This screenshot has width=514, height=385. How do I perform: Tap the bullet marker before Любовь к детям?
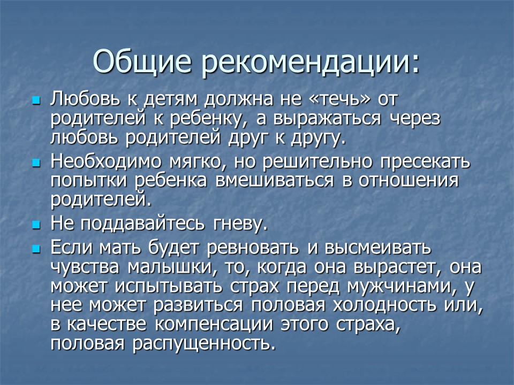coord(36,100)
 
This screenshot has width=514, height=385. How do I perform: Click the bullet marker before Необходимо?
coord(36,161)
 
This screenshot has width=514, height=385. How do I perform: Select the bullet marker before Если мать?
coord(36,249)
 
